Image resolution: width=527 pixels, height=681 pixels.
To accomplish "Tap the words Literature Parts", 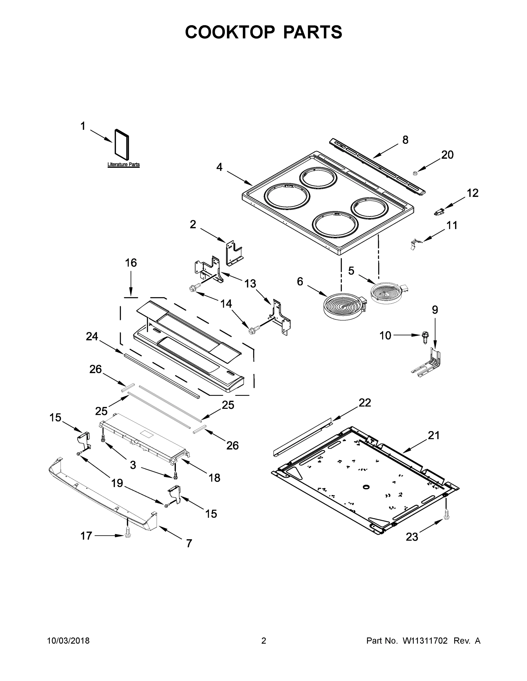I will (123, 164).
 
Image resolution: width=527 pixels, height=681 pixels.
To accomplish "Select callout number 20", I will (447, 155).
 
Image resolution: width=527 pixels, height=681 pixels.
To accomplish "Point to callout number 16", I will (131, 263).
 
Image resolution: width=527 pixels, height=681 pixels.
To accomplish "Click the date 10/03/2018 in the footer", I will (68, 641).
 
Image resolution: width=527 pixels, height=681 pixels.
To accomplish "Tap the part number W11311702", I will (425, 641).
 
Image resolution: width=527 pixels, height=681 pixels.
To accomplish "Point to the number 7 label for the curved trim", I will (189, 543).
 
